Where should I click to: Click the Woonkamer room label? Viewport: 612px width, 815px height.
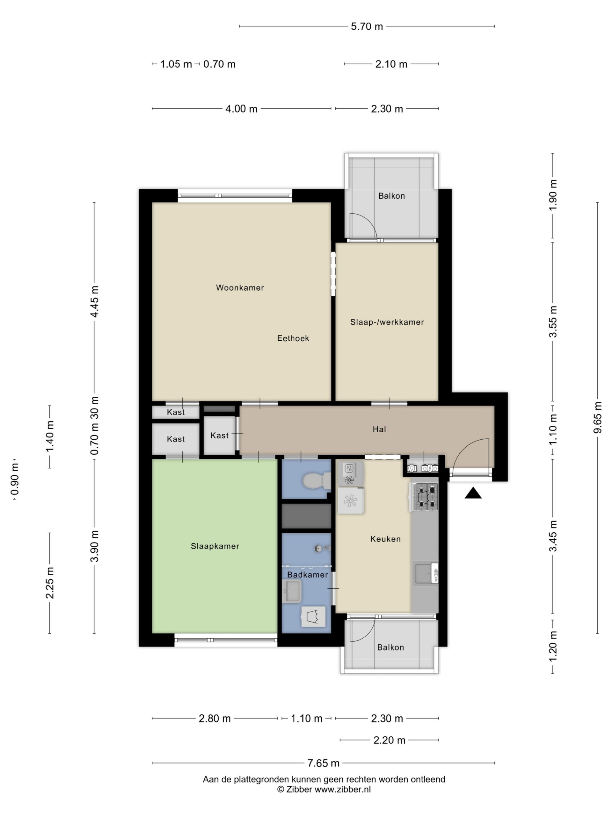tap(240, 288)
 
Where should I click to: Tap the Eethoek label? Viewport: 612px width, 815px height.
tap(293, 338)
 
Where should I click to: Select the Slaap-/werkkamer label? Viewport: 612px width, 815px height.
tap(387, 322)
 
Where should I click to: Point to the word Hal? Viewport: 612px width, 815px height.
tap(379, 429)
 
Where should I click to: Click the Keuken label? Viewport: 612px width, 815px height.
tap(385, 539)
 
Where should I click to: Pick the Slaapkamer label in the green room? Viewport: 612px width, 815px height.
tap(215, 546)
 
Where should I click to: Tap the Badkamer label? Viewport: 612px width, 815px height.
tap(307, 575)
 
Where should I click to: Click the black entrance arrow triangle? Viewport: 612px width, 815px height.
tap(473, 493)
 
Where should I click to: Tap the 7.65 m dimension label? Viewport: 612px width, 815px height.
tap(323, 763)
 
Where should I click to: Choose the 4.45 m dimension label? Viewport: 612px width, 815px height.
tap(94, 301)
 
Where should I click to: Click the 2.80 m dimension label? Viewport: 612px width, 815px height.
tap(215, 719)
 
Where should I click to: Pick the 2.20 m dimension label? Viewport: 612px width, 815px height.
tap(389, 740)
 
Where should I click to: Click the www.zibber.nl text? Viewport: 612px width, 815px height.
tap(343, 789)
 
